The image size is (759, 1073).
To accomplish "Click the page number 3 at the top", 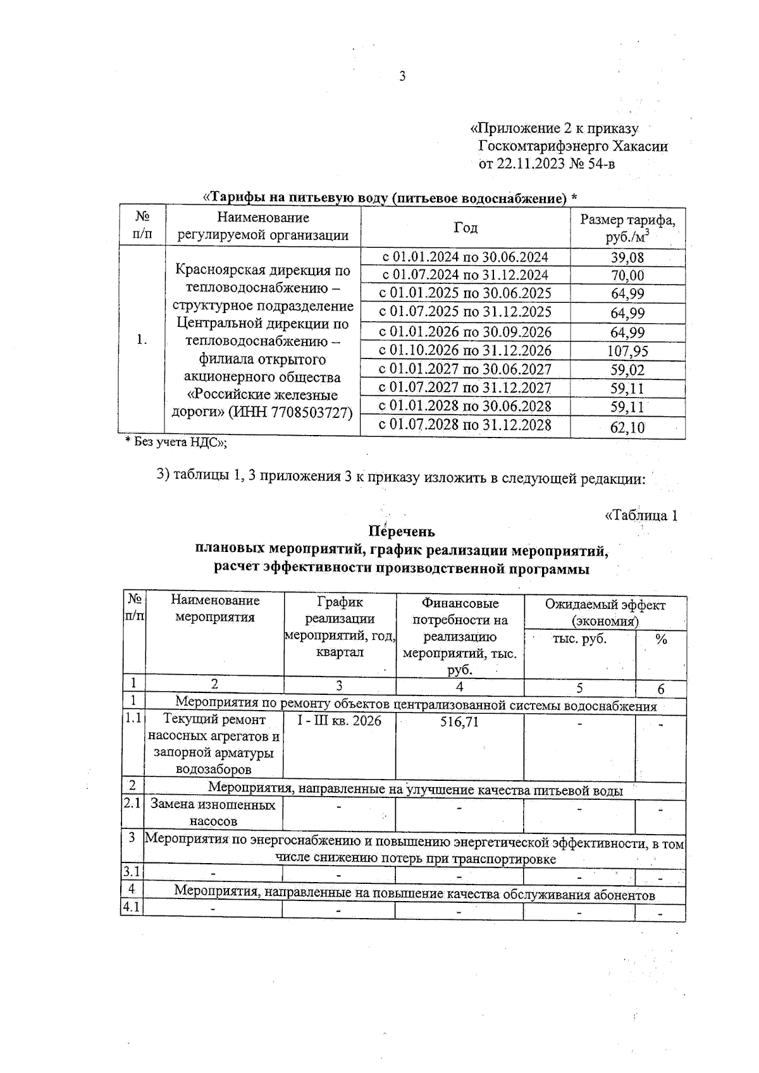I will [x=402, y=77].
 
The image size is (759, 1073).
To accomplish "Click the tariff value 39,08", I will [x=627, y=257].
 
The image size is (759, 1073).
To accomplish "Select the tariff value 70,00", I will [x=627, y=276].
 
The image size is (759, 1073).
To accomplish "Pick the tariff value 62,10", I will [x=627, y=427].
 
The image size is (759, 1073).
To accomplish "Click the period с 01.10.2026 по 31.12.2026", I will [x=465, y=351].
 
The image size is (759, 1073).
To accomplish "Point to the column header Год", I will [x=466, y=228].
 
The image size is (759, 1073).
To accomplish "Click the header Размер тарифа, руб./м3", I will [x=627, y=228].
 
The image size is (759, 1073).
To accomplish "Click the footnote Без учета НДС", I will [x=176, y=443].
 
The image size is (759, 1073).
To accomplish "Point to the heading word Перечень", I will [x=402, y=532].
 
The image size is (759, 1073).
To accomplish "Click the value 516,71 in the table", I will [x=459, y=721].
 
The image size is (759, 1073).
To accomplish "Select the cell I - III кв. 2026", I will [x=339, y=721].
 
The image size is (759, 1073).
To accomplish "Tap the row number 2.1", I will [x=132, y=803].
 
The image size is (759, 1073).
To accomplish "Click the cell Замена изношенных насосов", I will [x=213, y=813].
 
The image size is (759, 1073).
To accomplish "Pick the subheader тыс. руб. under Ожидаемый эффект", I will [x=579, y=639].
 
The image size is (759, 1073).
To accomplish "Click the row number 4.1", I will [x=132, y=907].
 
